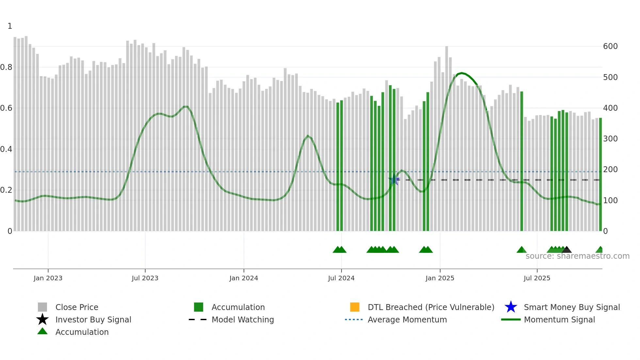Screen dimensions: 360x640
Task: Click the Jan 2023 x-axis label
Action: [x=48, y=278]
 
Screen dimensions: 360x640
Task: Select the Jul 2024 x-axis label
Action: [x=341, y=278]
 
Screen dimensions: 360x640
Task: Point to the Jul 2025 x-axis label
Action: [x=537, y=278]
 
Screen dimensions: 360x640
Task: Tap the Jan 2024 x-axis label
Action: [x=244, y=278]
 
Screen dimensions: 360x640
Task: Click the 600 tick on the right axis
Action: [x=610, y=46]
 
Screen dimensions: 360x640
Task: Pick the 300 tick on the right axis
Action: [x=610, y=139]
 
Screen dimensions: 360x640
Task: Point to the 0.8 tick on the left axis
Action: [x=6, y=67]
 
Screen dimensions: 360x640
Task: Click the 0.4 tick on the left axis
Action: [x=6, y=149]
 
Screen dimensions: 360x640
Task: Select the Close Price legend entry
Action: [x=77, y=307]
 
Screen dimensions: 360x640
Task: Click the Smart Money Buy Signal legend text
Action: [x=572, y=307]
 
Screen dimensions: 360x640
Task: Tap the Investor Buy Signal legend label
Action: [x=93, y=319]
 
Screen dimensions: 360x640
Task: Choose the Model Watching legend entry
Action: [x=243, y=319]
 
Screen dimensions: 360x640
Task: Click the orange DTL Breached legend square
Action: [x=355, y=307]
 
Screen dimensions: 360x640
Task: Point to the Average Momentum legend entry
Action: [x=407, y=319]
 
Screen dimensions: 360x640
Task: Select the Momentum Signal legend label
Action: [x=559, y=319]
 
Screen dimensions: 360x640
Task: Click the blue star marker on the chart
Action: [x=394, y=179]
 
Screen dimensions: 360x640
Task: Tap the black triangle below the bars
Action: [x=567, y=250]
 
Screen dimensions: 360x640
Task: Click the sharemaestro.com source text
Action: [x=577, y=256]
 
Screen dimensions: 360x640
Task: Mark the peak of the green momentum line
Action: [x=461, y=73]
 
